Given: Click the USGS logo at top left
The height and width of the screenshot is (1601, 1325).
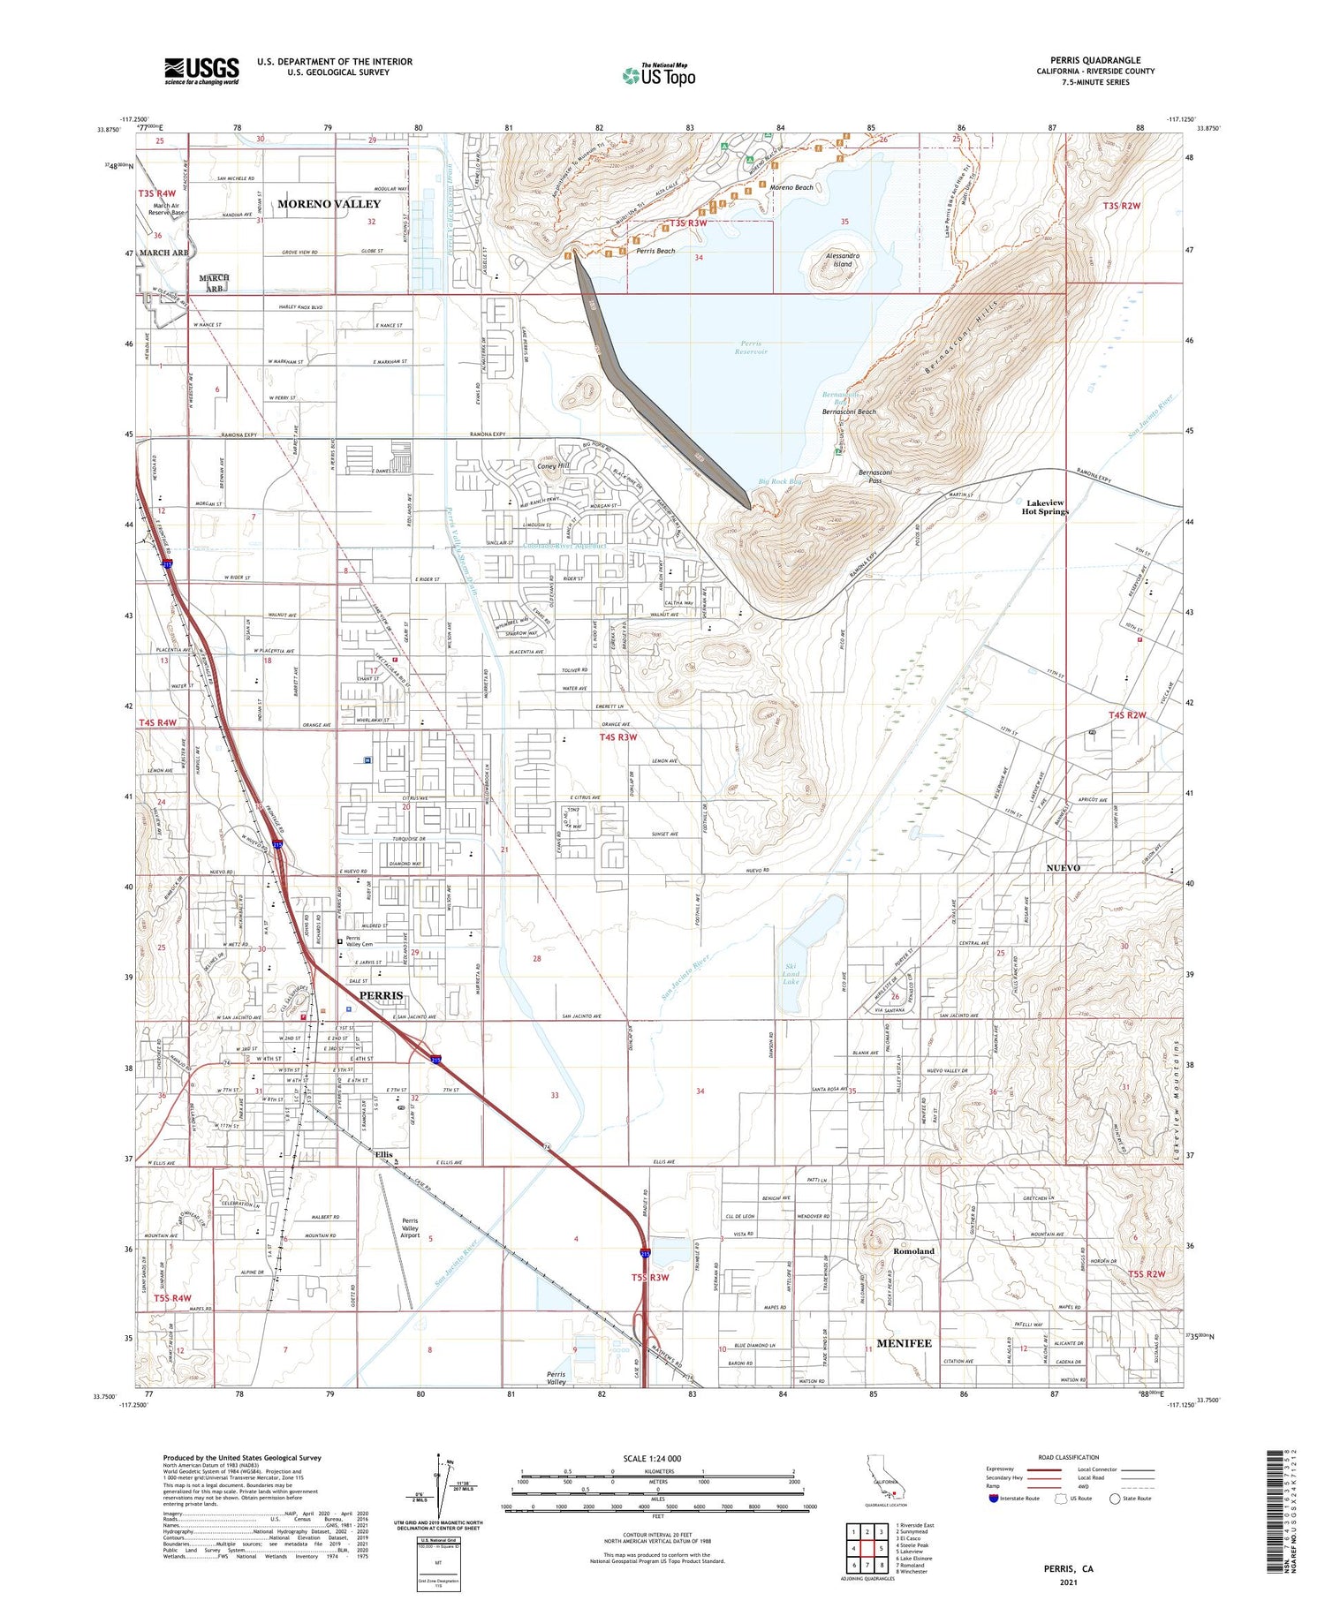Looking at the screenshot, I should pyautogui.click(x=201, y=71).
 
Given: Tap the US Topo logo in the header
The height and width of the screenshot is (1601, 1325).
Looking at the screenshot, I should pyautogui.click(x=659, y=76).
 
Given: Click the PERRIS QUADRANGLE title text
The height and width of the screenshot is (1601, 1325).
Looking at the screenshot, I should pyautogui.click(x=1095, y=60).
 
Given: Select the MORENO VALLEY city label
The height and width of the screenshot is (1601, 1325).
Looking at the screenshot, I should pyautogui.click(x=329, y=204).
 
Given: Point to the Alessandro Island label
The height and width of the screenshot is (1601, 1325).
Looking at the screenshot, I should pyautogui.click(x=843, y=260).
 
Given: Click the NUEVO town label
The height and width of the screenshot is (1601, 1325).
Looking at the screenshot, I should pyautogui.click(x=1063, y=868).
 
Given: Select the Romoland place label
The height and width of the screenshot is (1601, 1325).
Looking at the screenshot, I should pyautogui.click(x=913, y=1251).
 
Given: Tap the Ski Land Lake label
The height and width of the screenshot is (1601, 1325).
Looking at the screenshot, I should pyautogui.click(x=791, y=974).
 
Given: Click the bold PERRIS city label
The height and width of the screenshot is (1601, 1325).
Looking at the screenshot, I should pyautogui.click(x=381, y=995).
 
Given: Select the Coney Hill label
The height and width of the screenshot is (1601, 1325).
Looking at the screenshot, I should pyautogui.click(x=553, y=465).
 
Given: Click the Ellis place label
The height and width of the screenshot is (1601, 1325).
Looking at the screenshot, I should pyautogui.click(x=382, y=1154).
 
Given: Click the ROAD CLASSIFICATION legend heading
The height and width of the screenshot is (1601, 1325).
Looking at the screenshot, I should pyautogui.click(x=1069, y=1458).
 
